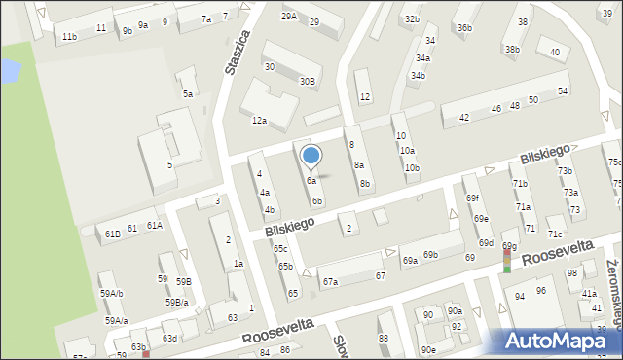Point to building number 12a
259,121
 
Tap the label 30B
308,82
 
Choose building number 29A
289,17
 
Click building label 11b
69,37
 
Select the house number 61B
113,234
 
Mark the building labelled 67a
330,282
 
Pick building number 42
464,117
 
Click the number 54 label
563,91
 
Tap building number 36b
464,28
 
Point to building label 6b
317,201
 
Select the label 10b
413,168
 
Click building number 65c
280,250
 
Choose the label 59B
184,282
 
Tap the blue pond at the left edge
9,70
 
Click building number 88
384,338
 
